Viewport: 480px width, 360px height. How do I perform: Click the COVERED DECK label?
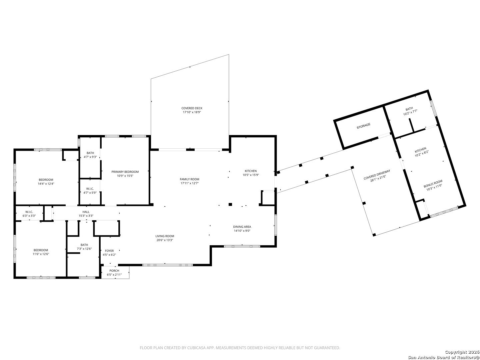pos(192,108)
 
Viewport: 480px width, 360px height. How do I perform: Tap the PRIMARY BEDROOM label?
pos(125,172)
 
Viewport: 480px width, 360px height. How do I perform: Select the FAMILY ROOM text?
pos(190,179)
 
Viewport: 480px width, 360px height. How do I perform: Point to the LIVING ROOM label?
pos(165,236)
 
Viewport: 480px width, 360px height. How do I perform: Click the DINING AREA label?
pos(242,227)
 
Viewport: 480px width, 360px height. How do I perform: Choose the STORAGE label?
pos(363,126)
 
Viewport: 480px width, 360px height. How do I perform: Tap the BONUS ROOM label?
pos(433,184)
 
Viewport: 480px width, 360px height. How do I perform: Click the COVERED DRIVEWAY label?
pos(377,175)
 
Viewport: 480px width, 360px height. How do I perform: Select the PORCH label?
pos(114,271)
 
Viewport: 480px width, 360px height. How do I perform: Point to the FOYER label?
pos(109,251)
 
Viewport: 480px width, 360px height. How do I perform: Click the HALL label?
pos(86,212)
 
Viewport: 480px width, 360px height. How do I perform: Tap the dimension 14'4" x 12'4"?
pos(46,184)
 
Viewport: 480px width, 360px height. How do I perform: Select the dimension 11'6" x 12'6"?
pos(41,254)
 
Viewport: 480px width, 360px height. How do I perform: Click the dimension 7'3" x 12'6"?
pos(84,249)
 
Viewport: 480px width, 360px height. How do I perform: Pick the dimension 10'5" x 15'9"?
pos(251,175)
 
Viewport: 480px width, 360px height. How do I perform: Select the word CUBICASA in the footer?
pos(195,348)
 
